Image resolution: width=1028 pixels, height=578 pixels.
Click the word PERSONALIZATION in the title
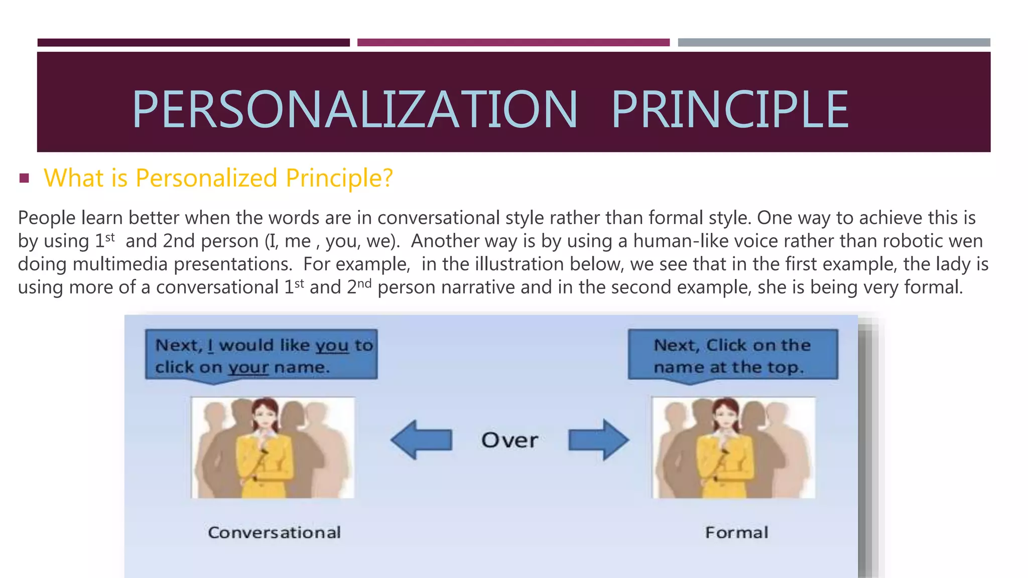[354, 109]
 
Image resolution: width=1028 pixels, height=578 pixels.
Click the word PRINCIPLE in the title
[729, 109]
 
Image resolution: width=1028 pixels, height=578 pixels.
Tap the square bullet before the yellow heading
[24, 178]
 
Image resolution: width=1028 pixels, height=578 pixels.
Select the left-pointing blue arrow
[421, 440]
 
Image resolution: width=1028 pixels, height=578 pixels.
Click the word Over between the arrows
[509, 441]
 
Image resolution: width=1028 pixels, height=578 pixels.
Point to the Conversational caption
[274, 532]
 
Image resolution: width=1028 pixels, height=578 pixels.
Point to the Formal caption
[736, 532]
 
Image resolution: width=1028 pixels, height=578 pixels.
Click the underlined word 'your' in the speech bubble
[248, 368]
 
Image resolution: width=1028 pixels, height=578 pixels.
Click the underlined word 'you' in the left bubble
[332, 346]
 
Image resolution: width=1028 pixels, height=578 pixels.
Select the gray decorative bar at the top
[834, 43]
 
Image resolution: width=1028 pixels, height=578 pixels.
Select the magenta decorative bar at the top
[513, 43]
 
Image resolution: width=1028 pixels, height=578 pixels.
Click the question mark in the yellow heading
[387, 178]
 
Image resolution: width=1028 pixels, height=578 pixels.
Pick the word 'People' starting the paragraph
[47, 218]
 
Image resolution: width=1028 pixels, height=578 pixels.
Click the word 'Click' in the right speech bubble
[726, 346]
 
